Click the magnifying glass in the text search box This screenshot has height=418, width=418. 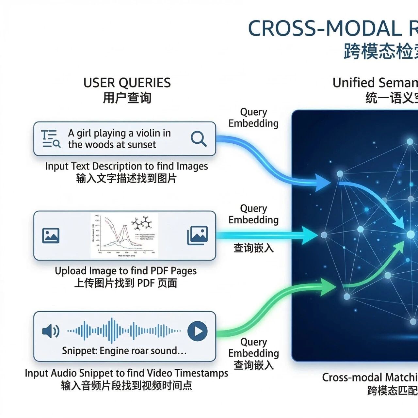click(198, 139)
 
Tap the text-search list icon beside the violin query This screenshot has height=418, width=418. click(51, 139)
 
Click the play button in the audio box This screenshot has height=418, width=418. click(198, 331)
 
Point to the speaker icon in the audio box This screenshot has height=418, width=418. click(51, 331)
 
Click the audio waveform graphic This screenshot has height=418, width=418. click(124, 331)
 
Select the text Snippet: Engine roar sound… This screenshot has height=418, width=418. click(124, 351)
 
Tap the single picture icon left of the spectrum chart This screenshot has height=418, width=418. click(51, 235)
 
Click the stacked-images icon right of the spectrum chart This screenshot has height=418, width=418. click(197, 235)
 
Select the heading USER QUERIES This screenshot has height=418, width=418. click(127, 83)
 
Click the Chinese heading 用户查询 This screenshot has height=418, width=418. click(127, 98)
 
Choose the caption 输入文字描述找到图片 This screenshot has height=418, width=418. click(126, 179)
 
